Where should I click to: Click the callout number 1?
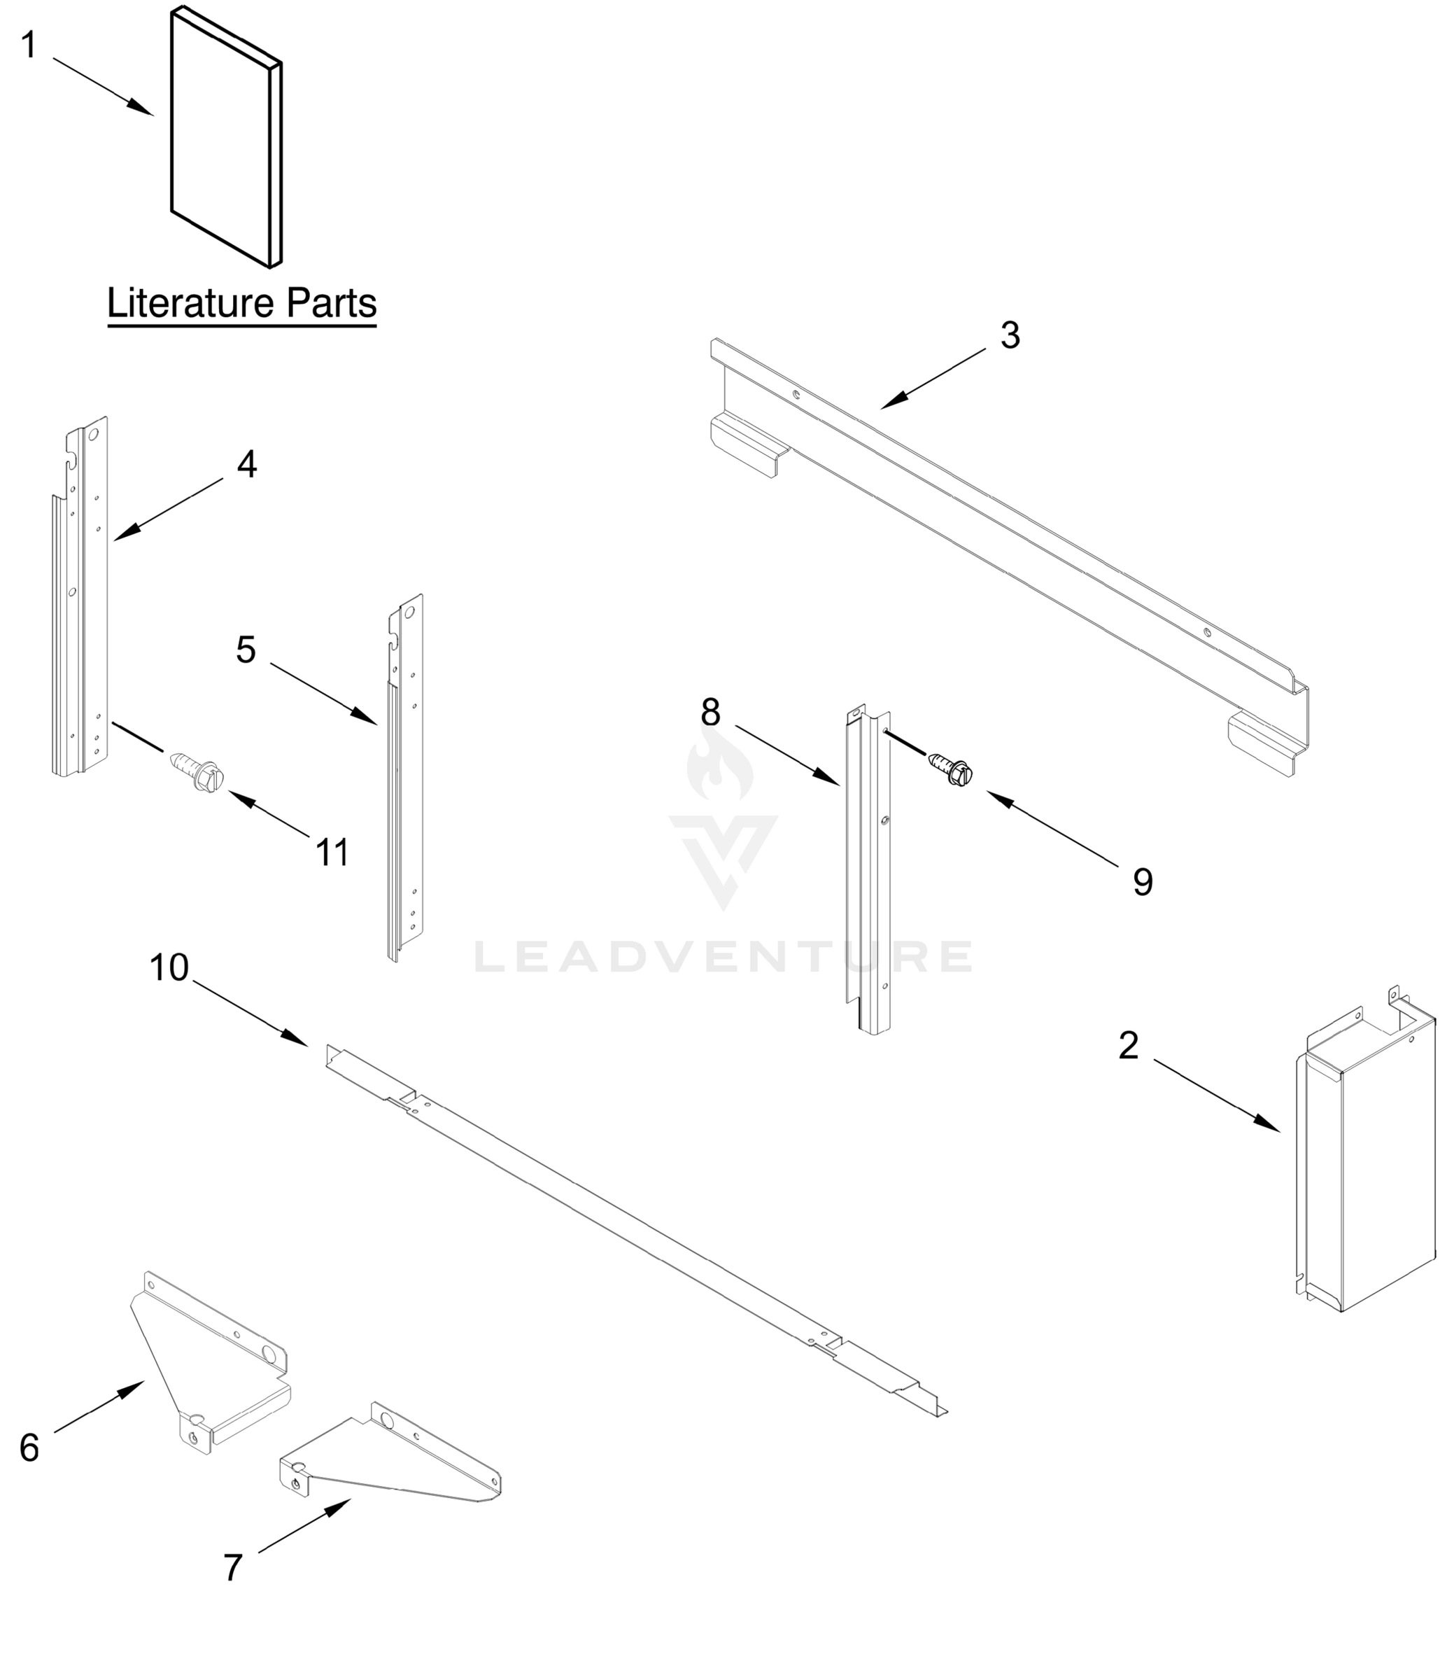(29, 45)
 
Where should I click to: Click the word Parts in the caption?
(331, 304)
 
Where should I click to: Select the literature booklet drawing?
(226, 138)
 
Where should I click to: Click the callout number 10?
(169, 967)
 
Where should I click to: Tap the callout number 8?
(710, 713)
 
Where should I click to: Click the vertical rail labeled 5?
(405, 778)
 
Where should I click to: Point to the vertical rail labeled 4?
(81, 600)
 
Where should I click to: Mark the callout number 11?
(332, 852)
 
